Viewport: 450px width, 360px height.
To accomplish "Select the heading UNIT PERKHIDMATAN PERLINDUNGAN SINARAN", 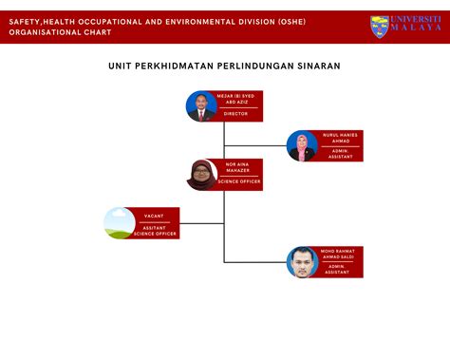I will click(x=224, y=66).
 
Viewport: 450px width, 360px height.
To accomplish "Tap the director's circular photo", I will click(x=201, y=105).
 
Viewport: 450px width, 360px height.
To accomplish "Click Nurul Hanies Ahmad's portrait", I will click(x=302, y=145).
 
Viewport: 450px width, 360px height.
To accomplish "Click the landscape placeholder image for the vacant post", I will click(x=120, y=222).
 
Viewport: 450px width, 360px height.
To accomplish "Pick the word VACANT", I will click(x=154, y=216).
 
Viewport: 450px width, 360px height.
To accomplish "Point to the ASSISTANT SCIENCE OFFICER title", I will click(x=154, y=230).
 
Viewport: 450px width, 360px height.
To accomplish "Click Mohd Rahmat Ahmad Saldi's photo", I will click(x=302, y=262).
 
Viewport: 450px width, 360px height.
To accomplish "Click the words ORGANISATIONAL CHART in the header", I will click(x=60, y=31).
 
